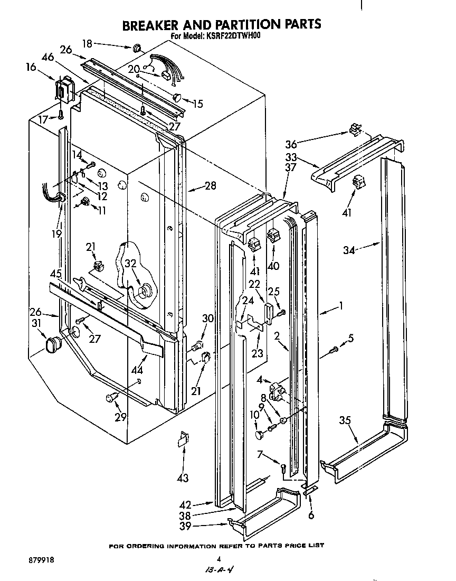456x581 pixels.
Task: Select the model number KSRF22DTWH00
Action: [236, 36]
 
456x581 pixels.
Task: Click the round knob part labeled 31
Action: [52, 344]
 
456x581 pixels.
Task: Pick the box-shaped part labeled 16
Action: [64, 88]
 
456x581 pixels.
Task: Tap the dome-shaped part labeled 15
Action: [177, 97]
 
